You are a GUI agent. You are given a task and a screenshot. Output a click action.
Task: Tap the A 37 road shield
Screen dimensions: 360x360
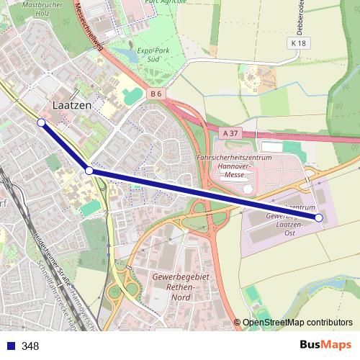pos(230,132)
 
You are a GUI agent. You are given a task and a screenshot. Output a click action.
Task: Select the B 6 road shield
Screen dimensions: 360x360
pos(157,94)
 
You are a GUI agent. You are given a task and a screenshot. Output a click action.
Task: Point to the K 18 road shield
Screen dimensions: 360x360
pos(300,44)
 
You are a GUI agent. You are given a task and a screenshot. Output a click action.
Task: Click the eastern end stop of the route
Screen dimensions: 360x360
pos(319,217)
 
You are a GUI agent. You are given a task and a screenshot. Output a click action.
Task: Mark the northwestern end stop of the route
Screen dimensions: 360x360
pos(41,123)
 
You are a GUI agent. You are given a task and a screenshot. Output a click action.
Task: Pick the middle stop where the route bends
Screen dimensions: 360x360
pos(89,171)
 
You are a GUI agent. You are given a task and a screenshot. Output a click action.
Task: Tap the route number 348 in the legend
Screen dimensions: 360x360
pos(30,346)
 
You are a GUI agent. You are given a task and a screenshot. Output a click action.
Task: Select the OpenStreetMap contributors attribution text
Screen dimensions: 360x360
pos(297,323)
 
